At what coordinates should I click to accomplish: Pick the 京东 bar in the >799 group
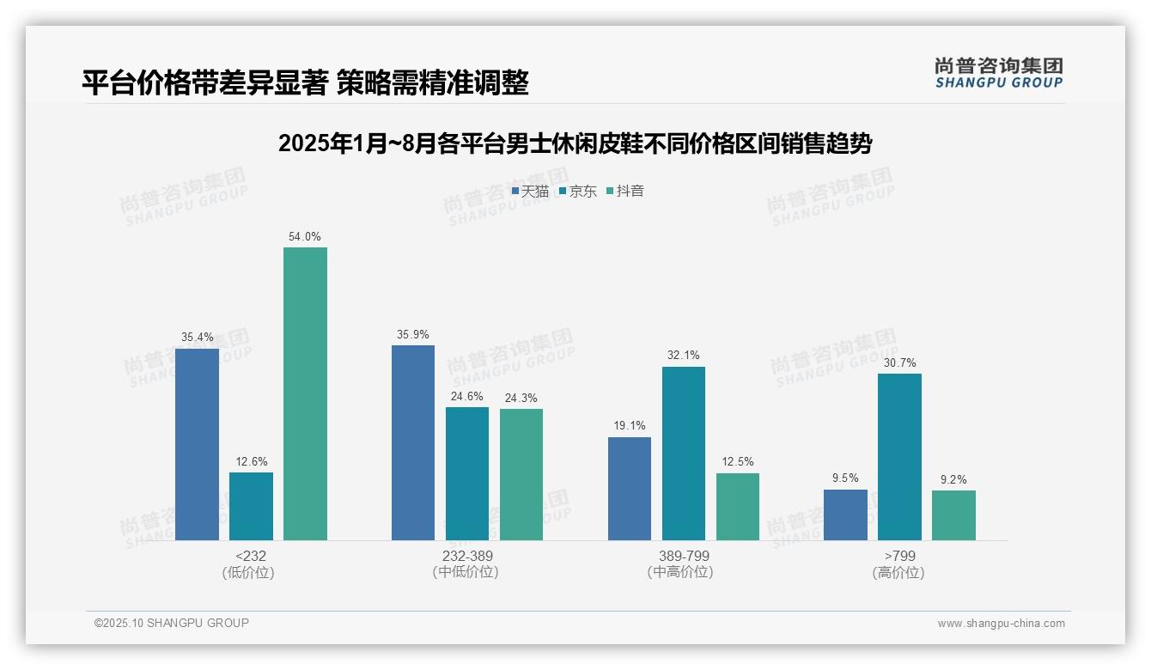click(899, 457)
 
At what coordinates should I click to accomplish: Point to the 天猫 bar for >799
click(845, 515)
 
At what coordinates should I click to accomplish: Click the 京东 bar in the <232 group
click(251, 506)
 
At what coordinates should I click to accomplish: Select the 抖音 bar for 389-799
click(738, 507)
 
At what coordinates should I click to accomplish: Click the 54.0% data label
click(305, 236)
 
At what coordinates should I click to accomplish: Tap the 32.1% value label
click(684, 355)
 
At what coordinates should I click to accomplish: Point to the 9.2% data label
click(953, 479)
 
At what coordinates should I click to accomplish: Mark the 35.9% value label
click(413, 334)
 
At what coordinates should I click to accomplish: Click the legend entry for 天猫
click(530, 192)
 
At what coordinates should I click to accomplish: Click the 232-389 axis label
click(467, 556)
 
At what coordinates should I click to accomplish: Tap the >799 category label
click(899, 556)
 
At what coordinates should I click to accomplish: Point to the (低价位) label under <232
click(248, 572)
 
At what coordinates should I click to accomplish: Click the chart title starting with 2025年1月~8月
click(575, 143)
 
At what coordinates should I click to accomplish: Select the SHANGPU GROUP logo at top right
click(998, 73)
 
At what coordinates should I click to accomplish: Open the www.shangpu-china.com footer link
click(1001, 624)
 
